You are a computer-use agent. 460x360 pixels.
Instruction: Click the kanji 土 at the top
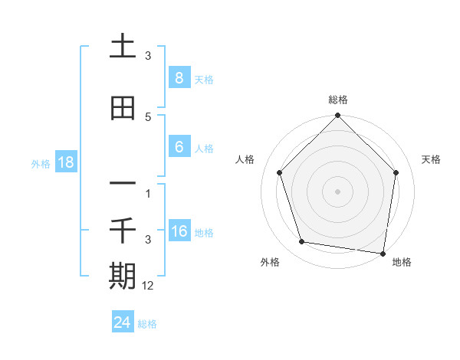tap(123, 47)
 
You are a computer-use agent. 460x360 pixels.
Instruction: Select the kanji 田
tap(123, 108)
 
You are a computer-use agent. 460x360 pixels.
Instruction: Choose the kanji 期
tap(123, 276)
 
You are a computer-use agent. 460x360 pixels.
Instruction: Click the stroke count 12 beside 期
tap(148, 285)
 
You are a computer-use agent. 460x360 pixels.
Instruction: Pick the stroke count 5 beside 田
tap(148, 116)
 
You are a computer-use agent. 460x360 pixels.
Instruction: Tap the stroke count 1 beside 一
tap(148, 193)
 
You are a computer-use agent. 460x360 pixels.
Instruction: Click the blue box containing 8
tap(179, 78)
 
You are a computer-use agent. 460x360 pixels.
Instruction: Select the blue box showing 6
tap(179, 147)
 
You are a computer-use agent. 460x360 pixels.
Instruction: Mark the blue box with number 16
tap(179, 231)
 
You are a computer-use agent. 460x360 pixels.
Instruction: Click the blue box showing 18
tap(65, 162)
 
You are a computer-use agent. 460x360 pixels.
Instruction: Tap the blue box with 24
tap(123, 322)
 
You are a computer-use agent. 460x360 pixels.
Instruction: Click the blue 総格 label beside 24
tap(147, 324)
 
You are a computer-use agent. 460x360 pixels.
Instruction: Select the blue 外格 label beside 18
tap(41, 163)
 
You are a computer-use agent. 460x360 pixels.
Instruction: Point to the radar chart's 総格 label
tap(338, 100)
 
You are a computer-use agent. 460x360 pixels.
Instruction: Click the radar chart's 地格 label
tap(402, 262)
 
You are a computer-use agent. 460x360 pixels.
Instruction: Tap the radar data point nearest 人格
tap(280, 172)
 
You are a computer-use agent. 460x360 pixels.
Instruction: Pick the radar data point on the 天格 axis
tap(396, 172)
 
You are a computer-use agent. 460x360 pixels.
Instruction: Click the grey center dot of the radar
tap(338, 191)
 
